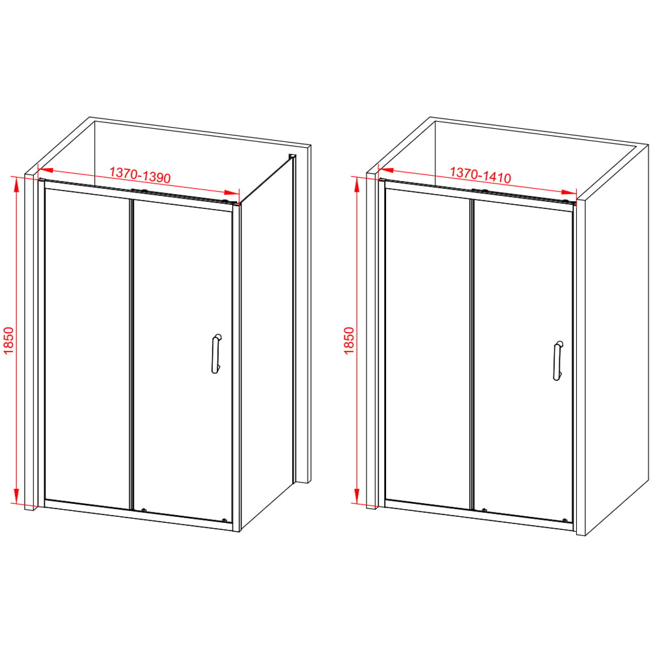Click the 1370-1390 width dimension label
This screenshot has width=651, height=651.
click(140, 175)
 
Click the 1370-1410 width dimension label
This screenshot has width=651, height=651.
click(480, 175)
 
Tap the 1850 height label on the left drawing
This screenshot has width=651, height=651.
click(8, 340)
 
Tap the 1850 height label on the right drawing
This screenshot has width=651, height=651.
click(349, 340)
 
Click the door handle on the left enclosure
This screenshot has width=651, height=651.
click(216, 353)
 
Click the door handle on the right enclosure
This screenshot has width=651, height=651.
click(558, 361)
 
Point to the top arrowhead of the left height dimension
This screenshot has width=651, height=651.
click(16, 185)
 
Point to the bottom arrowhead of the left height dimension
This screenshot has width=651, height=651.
click(16, 495)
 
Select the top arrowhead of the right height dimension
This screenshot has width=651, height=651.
click(356, 185)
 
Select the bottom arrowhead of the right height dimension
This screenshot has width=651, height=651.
click(356, 495)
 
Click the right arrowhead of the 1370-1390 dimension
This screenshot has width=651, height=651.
click(232, 193)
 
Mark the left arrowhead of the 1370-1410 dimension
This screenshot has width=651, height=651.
click(386, 170)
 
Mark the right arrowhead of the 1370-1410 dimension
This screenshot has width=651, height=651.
click(568, 193)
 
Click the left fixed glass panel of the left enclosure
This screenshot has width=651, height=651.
click(87, 349)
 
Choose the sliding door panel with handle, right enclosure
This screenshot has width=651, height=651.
click(523, 361)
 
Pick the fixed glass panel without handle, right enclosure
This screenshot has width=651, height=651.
click(428, 349)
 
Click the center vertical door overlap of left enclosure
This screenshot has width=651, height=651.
click(132, 355)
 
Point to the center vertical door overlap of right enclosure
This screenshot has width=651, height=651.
click(472, 355)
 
